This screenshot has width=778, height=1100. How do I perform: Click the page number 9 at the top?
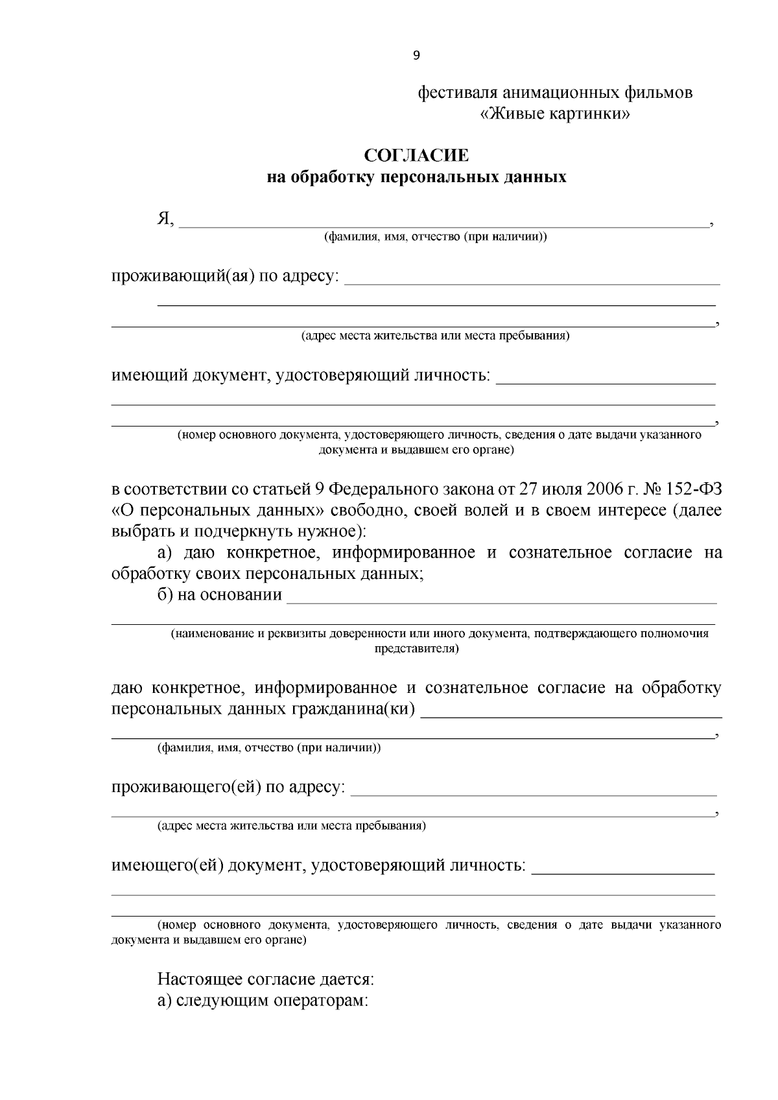416,56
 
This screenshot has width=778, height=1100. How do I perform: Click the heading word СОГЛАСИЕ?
416,156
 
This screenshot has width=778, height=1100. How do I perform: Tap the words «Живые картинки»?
555,115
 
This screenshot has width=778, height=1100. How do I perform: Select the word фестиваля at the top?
458,93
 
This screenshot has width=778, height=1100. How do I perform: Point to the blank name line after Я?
443,226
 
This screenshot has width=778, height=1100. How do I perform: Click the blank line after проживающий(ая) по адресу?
532,283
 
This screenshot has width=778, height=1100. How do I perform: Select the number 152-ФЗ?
694,489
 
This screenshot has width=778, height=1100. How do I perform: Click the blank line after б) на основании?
502,602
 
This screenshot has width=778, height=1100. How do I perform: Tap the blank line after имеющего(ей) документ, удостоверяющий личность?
623,872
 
